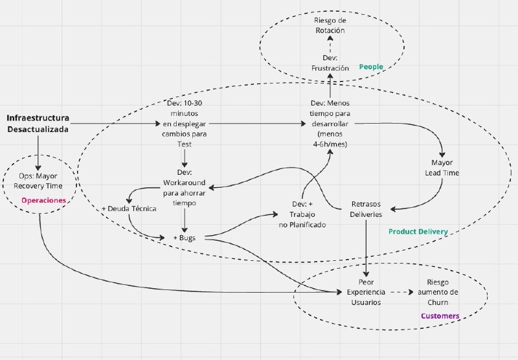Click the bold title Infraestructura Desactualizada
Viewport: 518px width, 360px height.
(38, 123)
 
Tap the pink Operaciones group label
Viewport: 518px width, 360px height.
(43, 200)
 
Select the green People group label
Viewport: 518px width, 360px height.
(371, 67)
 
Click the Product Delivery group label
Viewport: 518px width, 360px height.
(418, 232)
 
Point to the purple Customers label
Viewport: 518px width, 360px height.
(440, 316)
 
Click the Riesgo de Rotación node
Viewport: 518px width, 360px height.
(330, 25)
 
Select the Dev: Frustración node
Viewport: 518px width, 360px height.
(330, 63)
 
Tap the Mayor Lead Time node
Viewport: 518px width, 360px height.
(442, 168)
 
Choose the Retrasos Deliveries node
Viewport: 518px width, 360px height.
(366, 209)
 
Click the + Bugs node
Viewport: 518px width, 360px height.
(185, 238)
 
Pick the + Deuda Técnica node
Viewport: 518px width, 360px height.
(129, 208)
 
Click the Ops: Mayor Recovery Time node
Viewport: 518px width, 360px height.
(38, 181)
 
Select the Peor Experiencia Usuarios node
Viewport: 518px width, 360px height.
(366, 292)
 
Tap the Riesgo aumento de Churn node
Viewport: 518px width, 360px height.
(438, 292)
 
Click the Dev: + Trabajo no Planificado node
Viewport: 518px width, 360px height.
(302, 214)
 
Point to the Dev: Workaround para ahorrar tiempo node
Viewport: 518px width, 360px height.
(185, 188)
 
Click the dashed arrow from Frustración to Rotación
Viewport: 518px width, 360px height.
(330, 44)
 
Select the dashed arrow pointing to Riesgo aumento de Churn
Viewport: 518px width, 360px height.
(401, 292)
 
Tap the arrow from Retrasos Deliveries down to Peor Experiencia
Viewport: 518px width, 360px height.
(366, 248)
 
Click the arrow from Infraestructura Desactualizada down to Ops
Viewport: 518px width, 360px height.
(38, 153)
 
